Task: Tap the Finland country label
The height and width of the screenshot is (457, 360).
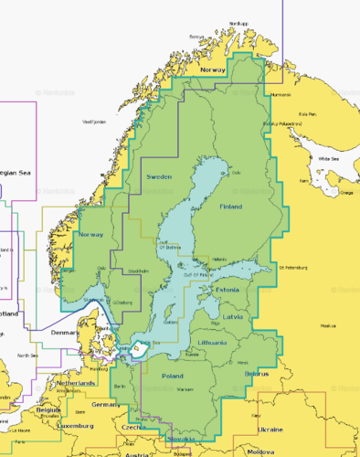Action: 232,207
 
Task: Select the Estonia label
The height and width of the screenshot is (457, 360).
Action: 225,290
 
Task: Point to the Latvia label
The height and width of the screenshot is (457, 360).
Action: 233,317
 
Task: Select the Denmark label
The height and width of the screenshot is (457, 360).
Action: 65,332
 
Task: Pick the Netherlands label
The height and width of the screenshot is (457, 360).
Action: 76,383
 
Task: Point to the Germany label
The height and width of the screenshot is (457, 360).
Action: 106,403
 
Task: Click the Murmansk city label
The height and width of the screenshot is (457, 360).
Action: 281,94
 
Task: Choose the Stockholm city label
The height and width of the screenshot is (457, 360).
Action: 138,271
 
